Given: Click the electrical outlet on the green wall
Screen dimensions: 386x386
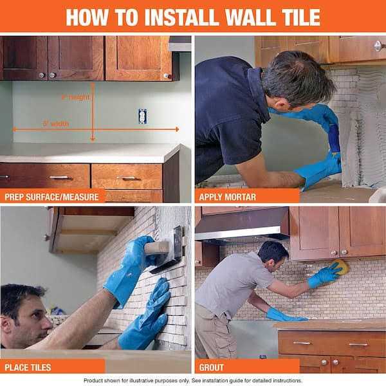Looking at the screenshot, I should [x=142, y=116].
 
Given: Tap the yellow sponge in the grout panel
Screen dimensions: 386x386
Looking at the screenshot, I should [x=340, y=267].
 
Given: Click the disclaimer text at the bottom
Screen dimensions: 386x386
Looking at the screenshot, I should [x=193, y=380].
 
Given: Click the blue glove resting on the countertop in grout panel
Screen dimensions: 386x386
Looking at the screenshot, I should [x=283, y=315].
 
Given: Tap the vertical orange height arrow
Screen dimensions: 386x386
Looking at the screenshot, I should [x=93, y=116].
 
